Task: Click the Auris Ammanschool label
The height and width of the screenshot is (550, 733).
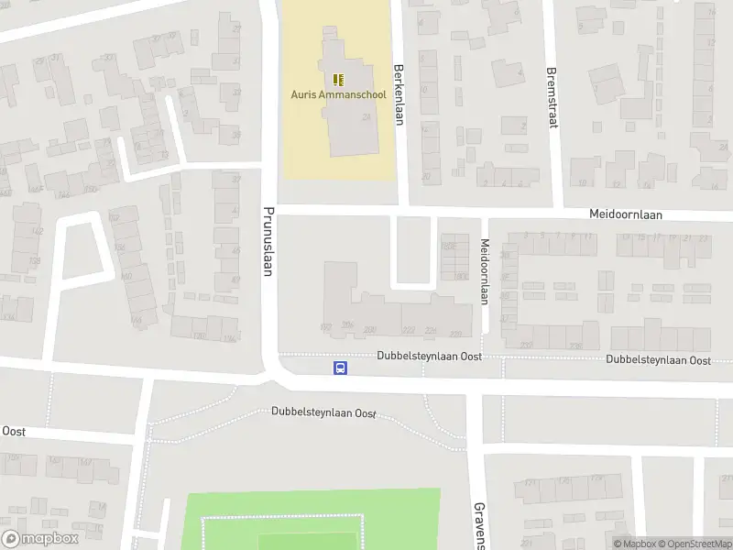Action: (336, 94)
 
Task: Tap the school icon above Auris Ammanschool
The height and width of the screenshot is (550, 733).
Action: (337, 80)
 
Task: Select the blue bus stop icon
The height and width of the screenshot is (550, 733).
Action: (340, 368)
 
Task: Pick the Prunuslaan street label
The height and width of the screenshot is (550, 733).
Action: (269, 241)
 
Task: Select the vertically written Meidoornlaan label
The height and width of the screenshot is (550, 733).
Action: (485, 271)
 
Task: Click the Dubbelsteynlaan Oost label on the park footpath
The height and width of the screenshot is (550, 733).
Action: (324, 412)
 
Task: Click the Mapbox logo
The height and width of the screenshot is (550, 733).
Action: (40, 539)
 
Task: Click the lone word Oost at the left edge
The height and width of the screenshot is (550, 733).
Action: (14, 431)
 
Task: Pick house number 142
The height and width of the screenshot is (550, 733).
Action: (38, 230)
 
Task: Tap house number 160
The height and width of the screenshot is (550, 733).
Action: (125, 276)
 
